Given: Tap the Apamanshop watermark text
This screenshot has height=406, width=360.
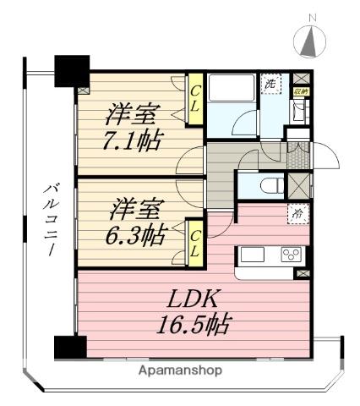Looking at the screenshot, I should [181, 370].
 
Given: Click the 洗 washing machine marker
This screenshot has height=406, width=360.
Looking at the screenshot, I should [270, 84].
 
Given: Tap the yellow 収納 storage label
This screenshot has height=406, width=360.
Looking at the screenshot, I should [300, 90].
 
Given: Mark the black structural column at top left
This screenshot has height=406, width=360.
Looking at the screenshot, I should [70, 70].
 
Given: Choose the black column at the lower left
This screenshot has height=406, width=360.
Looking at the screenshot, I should [70, 347].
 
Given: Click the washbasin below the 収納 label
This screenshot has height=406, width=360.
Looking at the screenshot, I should [299, 112].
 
